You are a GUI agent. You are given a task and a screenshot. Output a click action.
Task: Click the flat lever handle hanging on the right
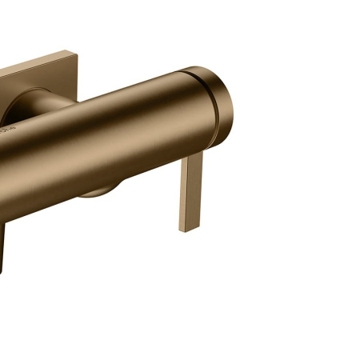[x=192, y=192]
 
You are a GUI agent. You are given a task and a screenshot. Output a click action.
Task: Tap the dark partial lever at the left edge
[x=3, y=244]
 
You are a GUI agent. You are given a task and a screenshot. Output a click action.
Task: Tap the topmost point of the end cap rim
[x=200, y=67]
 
